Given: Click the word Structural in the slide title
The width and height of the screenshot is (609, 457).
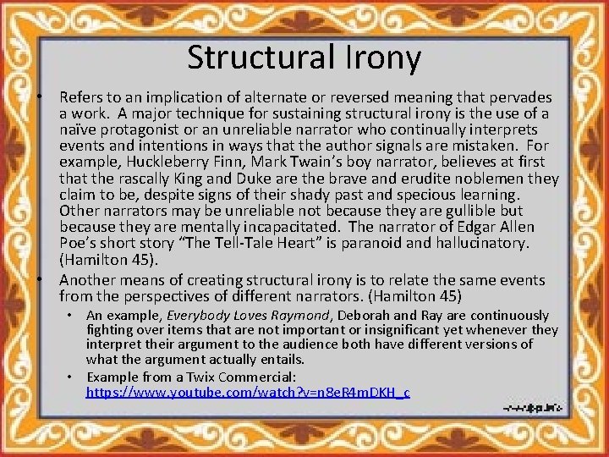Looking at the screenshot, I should (257, 58).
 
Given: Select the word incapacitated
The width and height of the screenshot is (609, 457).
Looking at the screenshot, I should (292, 228).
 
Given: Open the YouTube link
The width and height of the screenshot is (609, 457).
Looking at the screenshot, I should (248, 393).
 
